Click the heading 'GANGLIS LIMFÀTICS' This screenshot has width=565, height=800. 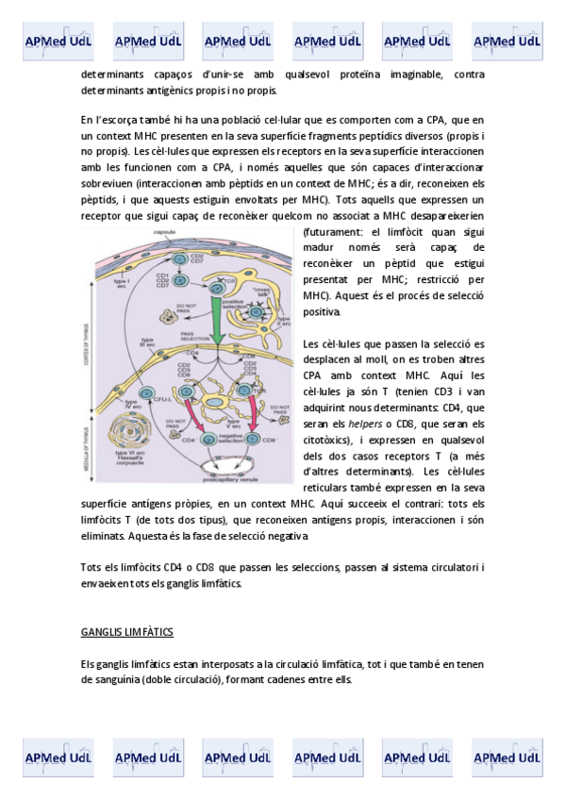pos(127,630)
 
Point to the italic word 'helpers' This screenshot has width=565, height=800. pos(365,424)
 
